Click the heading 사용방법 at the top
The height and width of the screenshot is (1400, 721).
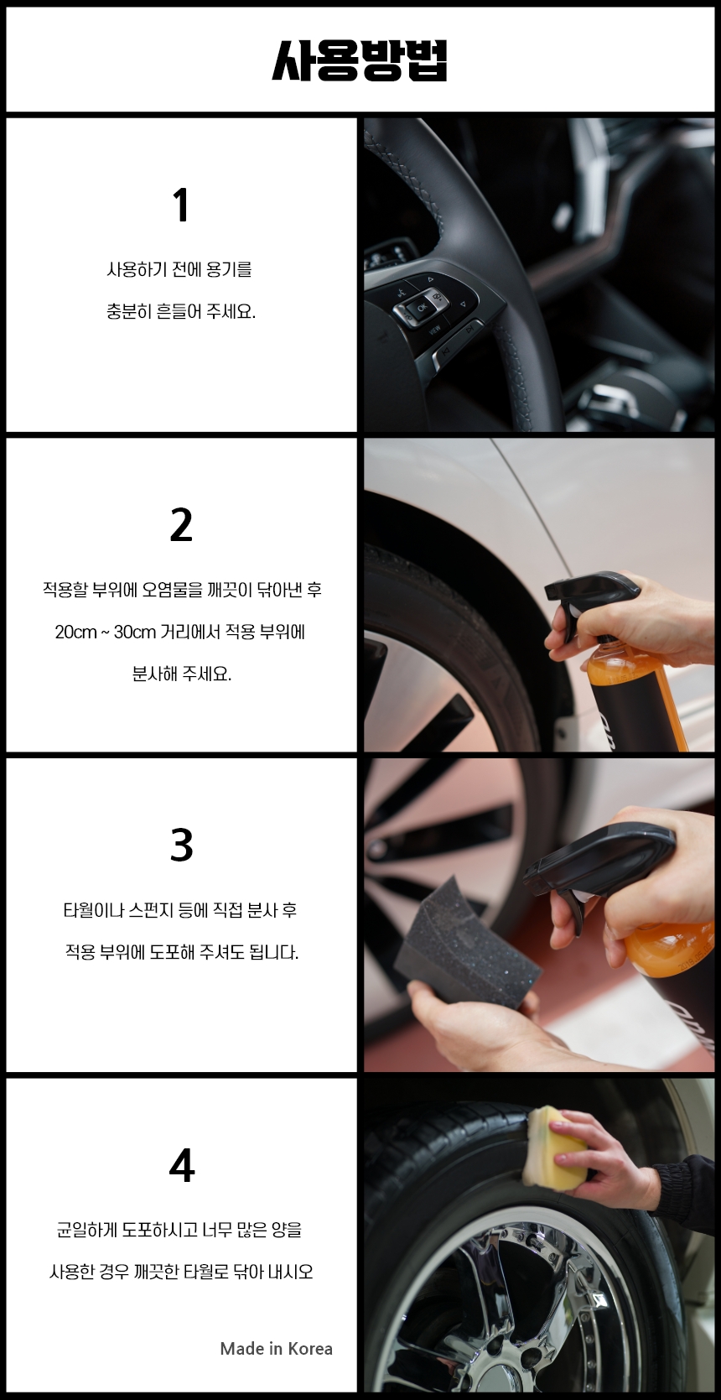[360, 60]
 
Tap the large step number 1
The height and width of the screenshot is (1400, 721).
[180, 205]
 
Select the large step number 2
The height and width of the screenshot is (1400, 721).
[181, 524]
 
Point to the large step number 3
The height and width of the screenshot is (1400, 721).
[181, 845]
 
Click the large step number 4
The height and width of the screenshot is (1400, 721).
[181, 1165]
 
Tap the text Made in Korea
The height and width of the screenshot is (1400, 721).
[276, 1348]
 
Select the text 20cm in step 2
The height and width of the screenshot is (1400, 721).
[75, 632]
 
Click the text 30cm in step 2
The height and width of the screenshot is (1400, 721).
[134, 632]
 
